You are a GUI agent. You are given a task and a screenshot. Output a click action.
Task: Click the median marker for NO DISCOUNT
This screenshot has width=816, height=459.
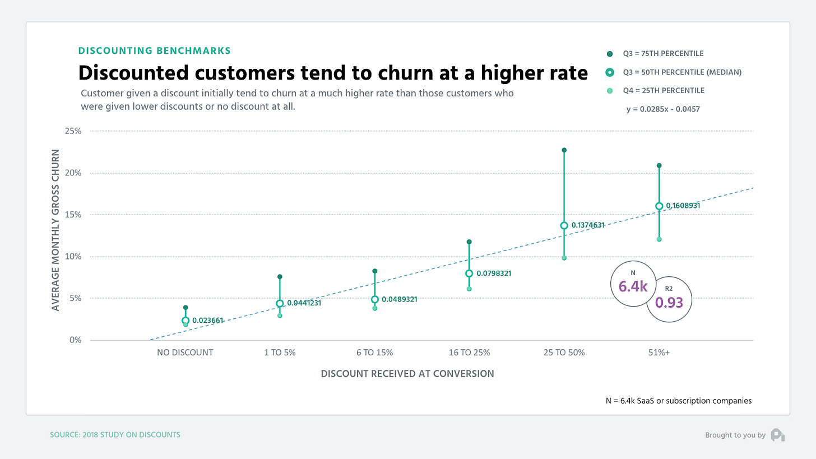[x=186, y=321]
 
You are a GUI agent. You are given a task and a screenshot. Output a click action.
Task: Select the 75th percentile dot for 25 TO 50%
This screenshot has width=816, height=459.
[x=564, y=150]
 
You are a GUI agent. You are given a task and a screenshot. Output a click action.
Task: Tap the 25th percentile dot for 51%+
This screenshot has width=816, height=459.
[x=659, y=239]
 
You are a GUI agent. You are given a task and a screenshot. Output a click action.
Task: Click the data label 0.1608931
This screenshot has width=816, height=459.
[x=683, y=206]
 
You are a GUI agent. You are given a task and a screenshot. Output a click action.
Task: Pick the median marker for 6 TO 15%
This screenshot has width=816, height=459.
[x=374, y=299]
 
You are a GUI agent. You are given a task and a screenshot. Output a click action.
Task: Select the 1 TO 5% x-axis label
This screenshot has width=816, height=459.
[x=280, y=353]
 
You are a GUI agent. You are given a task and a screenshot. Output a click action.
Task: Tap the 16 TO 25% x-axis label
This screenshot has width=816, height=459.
[x=469, y=353]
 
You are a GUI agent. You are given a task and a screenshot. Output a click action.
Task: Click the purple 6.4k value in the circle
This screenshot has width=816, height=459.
[x=633, y=287]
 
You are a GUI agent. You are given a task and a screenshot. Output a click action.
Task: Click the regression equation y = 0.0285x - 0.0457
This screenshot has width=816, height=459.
[x=662, y=109]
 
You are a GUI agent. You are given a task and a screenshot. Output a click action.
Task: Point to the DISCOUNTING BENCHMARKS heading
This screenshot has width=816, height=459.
[x=154, y=50]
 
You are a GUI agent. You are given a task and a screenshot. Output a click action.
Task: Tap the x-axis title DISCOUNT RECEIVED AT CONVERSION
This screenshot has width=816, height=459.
[x=407, y=374]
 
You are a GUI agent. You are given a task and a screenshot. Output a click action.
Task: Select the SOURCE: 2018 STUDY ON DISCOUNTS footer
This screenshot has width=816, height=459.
[x=115, y=435]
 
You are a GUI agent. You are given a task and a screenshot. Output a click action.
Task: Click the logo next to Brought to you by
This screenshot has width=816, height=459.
[x=777, y=435]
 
